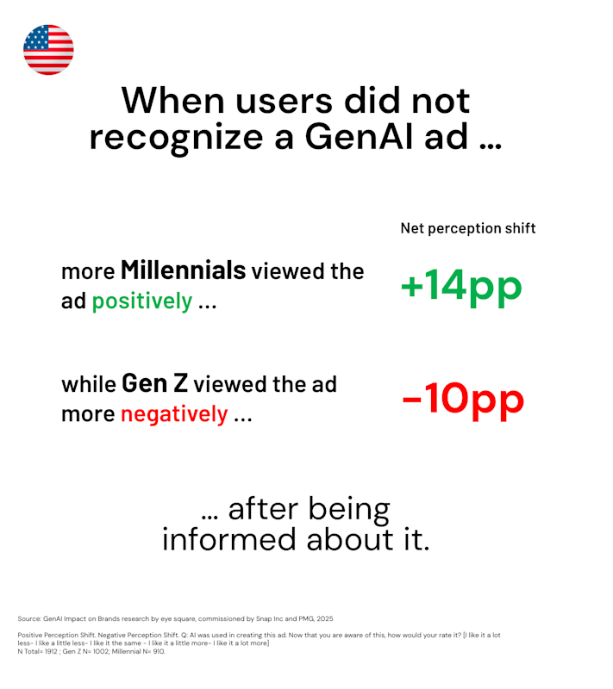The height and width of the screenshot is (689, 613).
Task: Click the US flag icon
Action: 48,50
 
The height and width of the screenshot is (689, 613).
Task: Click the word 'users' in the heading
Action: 284,101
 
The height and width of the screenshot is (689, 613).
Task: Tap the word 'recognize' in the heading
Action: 177,138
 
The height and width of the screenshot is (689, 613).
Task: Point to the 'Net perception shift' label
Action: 468,228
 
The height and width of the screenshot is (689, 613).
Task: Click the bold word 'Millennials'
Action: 184,270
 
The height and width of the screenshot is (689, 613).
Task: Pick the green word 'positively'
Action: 142,302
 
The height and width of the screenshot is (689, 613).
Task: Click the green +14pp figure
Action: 461,287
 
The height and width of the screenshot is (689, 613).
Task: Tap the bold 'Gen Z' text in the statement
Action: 155,383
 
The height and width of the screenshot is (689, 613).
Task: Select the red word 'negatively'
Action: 174,414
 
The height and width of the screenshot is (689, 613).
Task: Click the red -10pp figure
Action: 463,400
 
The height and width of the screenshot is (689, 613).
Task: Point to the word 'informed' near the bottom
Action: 229,540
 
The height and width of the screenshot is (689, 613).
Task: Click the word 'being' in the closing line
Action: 348,510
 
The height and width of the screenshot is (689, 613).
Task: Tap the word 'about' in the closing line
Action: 349,540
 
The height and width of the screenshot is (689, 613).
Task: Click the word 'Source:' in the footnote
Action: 29,618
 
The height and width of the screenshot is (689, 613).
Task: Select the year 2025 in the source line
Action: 324,618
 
